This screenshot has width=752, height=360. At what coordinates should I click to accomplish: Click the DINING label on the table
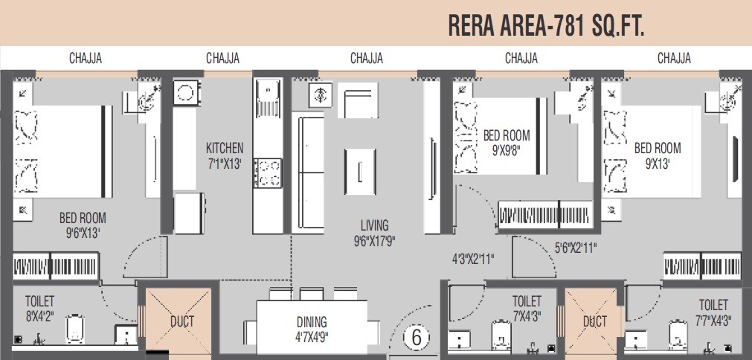click(x=312, y=329)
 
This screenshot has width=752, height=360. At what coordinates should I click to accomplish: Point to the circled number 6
click(x=417, y=337)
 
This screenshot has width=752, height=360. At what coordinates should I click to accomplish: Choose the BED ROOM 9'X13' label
click(x=658, y=155)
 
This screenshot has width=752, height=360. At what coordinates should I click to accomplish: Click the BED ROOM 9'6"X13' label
click(x=83, y=225)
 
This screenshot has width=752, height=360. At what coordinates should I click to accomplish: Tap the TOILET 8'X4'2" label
click(x=39, y=308)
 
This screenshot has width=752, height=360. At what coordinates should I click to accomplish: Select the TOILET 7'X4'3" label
click(x=527, y=308)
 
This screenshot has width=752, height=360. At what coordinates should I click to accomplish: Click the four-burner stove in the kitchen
click(x=268, y=173)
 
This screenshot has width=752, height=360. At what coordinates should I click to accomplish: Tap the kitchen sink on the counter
click(x=267, y=97)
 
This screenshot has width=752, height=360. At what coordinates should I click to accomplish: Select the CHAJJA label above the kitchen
click(x=222, y=58)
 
